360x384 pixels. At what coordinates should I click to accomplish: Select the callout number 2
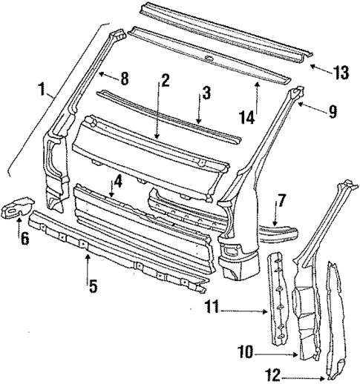point(165,79)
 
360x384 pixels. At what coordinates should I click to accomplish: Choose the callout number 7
point(281,200)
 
